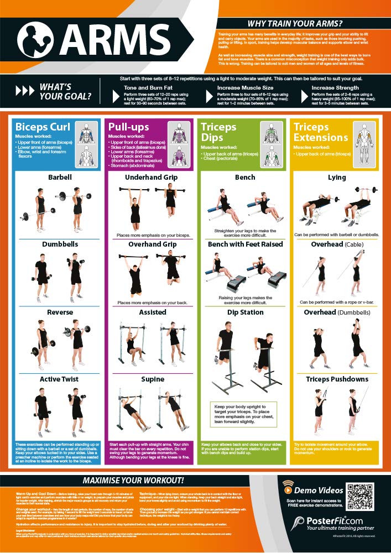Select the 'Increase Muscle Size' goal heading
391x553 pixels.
pyautogui.click(x=244, y=87)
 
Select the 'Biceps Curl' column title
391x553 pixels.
pyautogui.click(x=43, y=127)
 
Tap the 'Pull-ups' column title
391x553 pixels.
pyautogui.click(x=129, y=127)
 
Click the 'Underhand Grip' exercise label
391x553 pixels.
pyautogui.click(x=151, y=178)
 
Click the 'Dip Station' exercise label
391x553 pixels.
pyautogui.click(x=244, y=312)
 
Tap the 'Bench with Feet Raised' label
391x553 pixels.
pyautogui.click(x=245, y=244)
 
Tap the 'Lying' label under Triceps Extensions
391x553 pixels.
pyautogui.click(x=337, y=178)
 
